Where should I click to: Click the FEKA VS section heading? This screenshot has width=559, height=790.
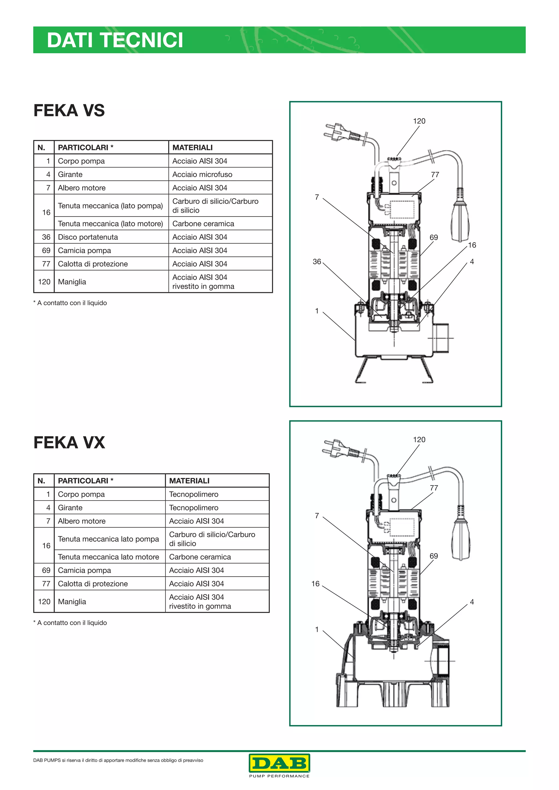point(69,110)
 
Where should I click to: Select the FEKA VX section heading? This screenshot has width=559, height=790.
point(69,442)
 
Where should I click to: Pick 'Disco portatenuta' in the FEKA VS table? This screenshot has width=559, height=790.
point(88,237)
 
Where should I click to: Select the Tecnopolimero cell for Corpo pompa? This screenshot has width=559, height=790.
point(194,494)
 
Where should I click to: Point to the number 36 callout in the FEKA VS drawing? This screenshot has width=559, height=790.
point(317,262)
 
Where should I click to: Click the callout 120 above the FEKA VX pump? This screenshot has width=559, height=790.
point(419,439)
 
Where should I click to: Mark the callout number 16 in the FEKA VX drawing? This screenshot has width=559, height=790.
point(315,583)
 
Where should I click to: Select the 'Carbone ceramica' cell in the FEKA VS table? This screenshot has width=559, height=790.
point(203,224)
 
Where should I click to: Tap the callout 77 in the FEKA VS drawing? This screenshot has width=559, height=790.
point(435,175)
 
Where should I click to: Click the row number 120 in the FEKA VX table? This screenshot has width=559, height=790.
point(44,602)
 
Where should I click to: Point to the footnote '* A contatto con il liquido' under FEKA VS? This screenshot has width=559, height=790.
point(70,303)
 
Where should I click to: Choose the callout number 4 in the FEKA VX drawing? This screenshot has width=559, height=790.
point(472,602)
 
